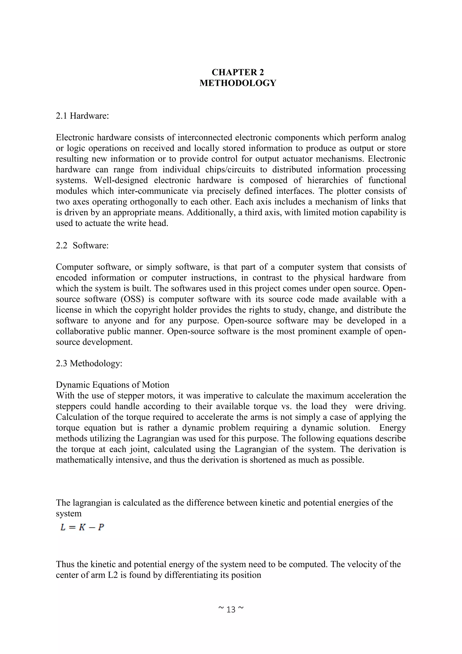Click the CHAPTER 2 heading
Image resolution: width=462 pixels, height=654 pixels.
pos(238,72)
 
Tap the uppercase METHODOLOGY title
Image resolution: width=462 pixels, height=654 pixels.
pos(238,83)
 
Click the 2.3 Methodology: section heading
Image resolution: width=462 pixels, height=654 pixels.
pos(89,363)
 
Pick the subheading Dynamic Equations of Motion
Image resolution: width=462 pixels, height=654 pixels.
pos(112,385)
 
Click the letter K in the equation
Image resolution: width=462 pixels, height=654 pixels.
pos(82,527)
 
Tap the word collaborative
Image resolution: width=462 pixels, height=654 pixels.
pos(79,331)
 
